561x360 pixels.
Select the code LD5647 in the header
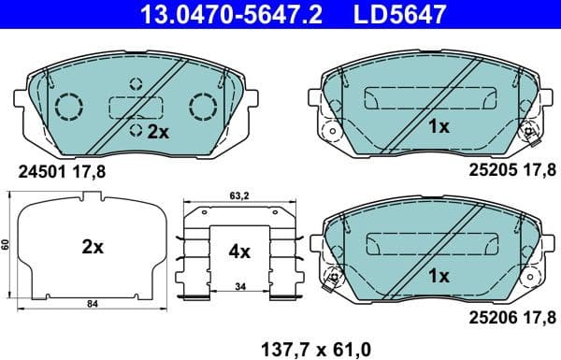coord(386,13)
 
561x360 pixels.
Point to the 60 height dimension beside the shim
coord(6,245)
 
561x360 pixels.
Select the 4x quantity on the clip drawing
coord(239,251)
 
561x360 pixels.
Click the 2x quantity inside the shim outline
coord(92,247)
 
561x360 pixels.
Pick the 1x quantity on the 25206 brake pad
coord(439,277)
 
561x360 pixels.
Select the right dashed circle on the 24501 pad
coord(202,107)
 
